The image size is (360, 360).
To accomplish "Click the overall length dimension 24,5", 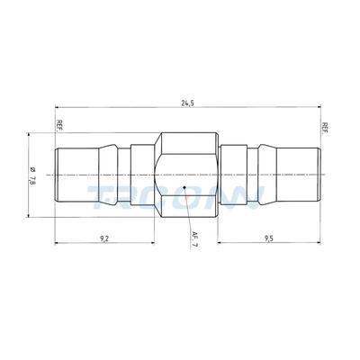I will point(185,103).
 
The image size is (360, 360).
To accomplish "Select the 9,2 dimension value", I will point(104,238).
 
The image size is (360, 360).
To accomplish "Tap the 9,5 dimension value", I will point(268,238).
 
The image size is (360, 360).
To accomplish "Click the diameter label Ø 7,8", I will point(33,177).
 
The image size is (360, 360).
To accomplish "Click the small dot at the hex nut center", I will point(184,188).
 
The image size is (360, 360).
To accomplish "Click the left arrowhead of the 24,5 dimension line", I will point(57,110).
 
